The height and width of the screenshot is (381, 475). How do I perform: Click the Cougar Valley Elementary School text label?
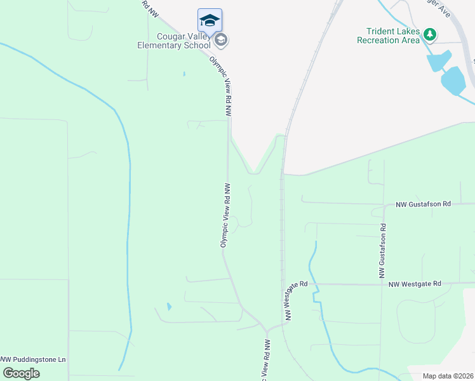tap(174, 41)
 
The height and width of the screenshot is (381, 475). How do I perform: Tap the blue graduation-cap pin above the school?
tap(210, 21)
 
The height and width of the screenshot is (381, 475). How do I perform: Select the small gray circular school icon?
tap(221, 41)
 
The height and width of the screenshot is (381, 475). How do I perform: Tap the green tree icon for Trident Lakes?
tap(430, 33)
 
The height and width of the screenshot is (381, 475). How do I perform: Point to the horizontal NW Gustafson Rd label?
tap(423, 204)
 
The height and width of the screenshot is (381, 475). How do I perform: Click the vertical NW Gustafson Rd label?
tap(383, 251)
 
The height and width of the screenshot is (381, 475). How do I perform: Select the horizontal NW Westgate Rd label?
tap(415, 284)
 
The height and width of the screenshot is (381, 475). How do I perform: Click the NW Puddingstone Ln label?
tap(33, 359)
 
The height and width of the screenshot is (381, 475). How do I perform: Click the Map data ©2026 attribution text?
tap(448, 376)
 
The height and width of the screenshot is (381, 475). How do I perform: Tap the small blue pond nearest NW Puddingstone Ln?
tap(168, 307)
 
